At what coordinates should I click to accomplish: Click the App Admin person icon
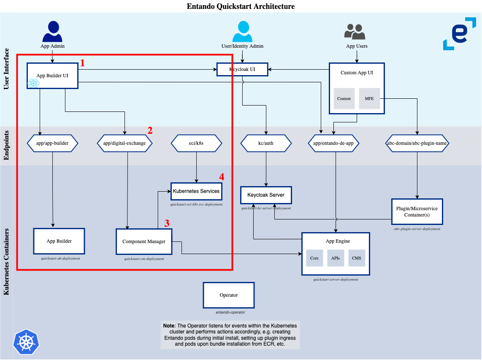point(52,31)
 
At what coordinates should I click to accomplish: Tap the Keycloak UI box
point(242,69)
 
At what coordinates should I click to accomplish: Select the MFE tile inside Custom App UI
point(369,99)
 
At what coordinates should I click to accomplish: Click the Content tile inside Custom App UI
point(344,99)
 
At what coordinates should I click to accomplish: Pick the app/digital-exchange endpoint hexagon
point(125,143)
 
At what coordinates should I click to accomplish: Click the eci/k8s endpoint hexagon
point(196,143)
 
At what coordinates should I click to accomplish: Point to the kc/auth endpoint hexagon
point(266,143)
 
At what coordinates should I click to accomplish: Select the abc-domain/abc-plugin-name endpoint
point(417,143)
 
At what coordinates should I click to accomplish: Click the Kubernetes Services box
point(196,191)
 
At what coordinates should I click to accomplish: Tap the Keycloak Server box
point(266,195)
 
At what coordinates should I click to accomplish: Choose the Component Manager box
point(144,241)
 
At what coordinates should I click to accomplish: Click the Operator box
point(229,295)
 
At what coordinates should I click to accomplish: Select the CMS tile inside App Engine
point(357,258)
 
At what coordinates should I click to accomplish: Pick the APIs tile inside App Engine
point(336,258)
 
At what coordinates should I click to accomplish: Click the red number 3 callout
point(167,223)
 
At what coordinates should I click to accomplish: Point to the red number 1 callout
point(83,63)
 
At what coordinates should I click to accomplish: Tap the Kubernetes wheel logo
point(26,341)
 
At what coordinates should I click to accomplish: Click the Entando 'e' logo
point(459,34)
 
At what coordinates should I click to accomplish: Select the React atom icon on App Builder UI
point(33,83)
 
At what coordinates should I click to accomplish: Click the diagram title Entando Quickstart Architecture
point(241,6)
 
